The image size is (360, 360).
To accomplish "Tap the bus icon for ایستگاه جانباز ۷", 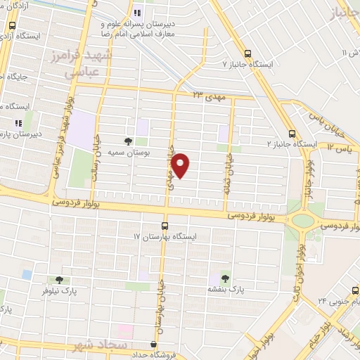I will pos(247,53).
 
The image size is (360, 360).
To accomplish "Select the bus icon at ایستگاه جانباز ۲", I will pos(292,134).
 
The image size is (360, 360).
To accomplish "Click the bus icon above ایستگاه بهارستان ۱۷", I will pos(165,226).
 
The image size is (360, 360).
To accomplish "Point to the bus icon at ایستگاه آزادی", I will pos(11,26).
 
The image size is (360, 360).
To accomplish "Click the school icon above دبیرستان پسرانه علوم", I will pos(139,11).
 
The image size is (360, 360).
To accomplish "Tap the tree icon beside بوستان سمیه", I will pos(127,141).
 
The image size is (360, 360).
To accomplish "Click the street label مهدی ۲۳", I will pos(208,94).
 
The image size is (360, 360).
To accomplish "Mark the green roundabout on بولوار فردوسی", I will pos(303,221).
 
